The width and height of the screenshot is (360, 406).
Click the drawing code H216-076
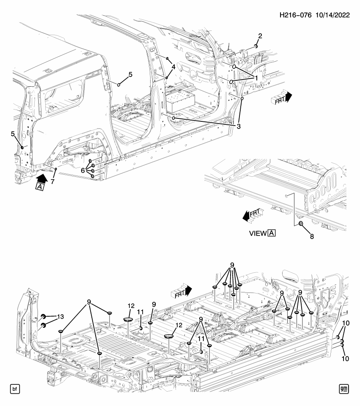click(x=296, y=15)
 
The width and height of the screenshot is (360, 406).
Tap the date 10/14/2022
click(x=333, y=15)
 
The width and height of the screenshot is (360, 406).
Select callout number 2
click(x=260, y=36)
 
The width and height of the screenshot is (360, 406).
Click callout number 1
click(x=256, y=78)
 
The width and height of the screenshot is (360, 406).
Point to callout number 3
click(x=239, y=126)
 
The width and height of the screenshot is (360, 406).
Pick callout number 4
click(x=173, y=67)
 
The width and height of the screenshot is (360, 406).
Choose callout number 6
click(x=82, y=170)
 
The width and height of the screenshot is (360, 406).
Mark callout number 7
click(x=52, y=181)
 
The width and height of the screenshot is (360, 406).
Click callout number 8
click(x=312, y=236)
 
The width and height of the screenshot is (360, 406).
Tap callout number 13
click(x=60, y=317)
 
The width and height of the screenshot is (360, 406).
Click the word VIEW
click(x=258, y=233)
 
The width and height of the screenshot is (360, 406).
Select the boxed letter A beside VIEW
click(x=272, y=233)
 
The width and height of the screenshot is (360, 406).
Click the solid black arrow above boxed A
click(x=42, y=178)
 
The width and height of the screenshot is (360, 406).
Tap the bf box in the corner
click(x=15, y=389)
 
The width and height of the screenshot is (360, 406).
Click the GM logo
click(x=344, y=389)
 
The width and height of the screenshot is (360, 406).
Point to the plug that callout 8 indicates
click(x=301, y=224)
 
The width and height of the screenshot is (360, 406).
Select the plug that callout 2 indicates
click(x=256, y=46)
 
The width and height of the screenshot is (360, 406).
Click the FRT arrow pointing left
click(x=252, y=214)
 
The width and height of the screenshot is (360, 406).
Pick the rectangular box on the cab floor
click(x=180, y=99)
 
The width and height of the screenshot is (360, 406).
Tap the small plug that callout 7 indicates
click(x=56, y=169)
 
